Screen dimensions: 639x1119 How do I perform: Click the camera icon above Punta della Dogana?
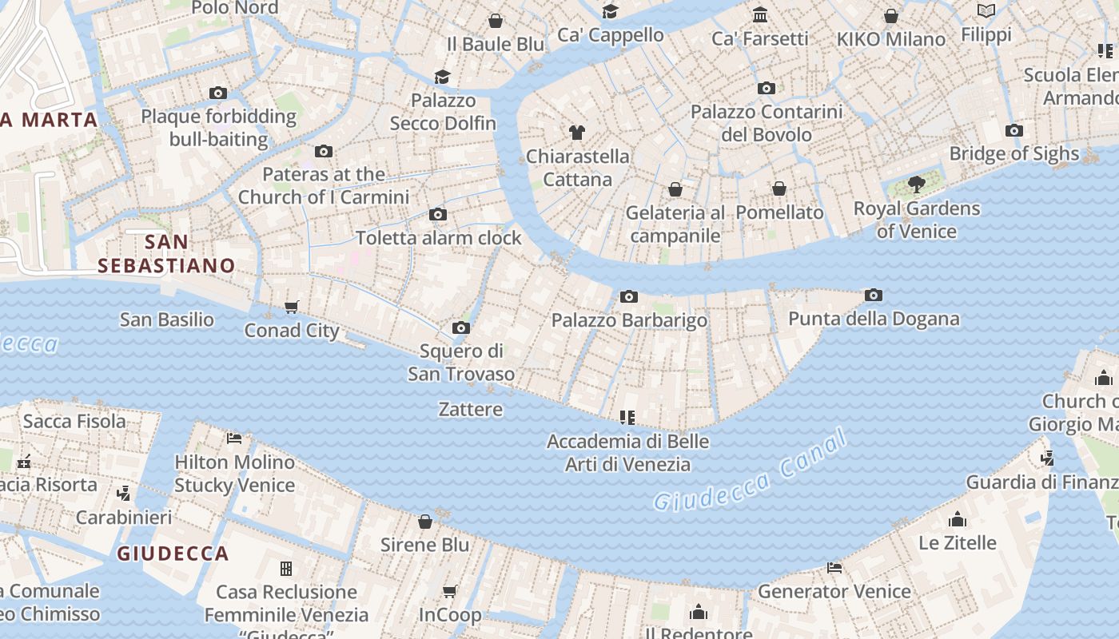(874, 296)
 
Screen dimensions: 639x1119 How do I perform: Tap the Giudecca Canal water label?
(749, 471)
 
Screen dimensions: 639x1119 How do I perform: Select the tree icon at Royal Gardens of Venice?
(916, 185)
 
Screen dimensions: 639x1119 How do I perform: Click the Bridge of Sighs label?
(1013, 153)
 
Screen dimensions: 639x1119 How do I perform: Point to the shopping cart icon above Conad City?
(292, 308)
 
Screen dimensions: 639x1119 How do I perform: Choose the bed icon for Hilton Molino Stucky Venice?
(234, 439)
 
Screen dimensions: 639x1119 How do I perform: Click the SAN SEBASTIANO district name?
(166, 254)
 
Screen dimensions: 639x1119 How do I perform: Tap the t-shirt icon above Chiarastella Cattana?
(577, 133)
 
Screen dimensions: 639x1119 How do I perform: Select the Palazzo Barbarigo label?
(629, 320)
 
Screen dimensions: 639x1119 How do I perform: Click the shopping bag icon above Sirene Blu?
(425, 522)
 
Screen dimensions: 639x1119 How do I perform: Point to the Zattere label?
(471, 410)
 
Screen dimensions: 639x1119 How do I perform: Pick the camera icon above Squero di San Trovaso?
(460, 328)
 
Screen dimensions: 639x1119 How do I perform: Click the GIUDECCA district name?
(173, 554)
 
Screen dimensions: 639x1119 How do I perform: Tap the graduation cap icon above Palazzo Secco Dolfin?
(442, 77)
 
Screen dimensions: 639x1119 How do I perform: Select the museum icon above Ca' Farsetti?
(760, 15)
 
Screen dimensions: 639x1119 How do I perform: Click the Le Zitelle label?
(957, 543)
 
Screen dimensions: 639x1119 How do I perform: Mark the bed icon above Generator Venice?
(834, 568)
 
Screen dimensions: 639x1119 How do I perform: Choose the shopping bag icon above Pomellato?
(779, 189)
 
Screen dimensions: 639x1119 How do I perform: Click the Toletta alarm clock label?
(438, 238)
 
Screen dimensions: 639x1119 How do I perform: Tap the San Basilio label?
(167, 320)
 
